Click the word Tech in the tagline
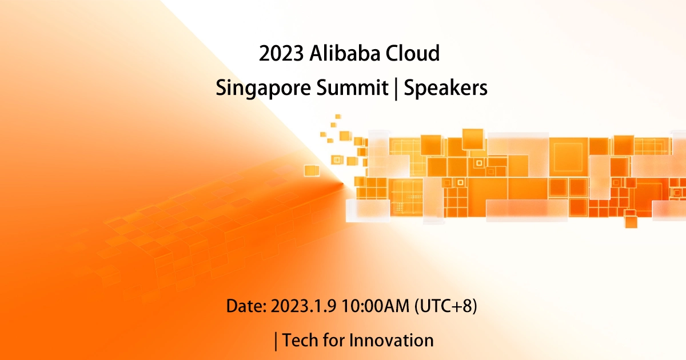coord(301,341)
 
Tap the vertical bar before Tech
coord(277,341)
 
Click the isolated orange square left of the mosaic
coord(312,170)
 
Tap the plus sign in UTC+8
coord(459,306)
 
